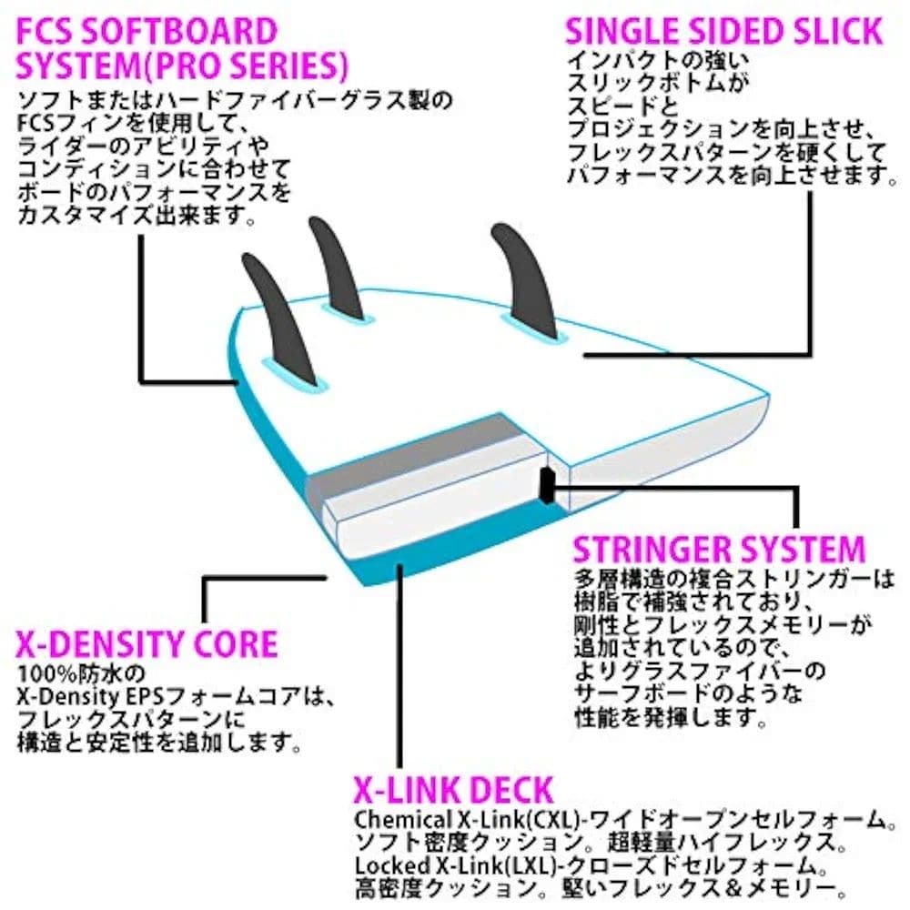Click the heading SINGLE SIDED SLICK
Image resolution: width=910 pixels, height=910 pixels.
(x=723, y=31)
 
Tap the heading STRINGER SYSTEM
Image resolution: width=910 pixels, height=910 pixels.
(x=718, y=551)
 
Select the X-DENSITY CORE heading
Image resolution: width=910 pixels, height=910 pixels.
(x=146, y=644)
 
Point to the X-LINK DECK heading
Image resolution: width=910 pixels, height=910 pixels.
(x=452, y=788)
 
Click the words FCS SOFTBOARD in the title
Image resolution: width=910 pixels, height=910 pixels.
(x=146, y=31)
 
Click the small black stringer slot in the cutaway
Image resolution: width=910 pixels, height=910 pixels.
(x=544, y=484)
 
